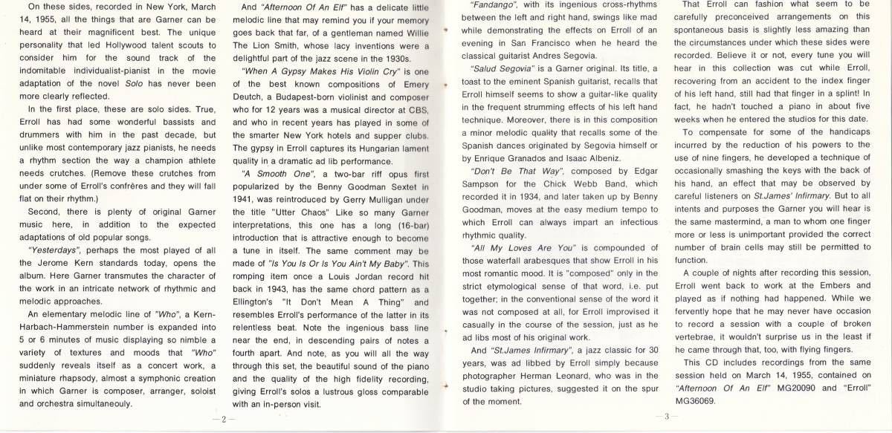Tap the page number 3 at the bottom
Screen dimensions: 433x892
[x=667, y=417]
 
